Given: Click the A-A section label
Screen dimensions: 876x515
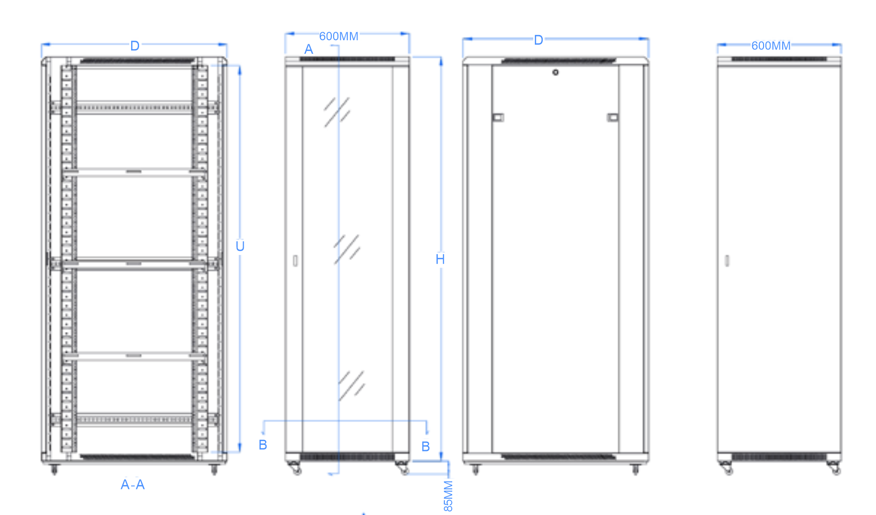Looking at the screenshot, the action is (x=133, y=485).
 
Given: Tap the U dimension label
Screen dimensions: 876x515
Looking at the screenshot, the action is (x=240, y=246).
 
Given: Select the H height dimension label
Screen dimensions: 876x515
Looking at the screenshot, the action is (x=440, y=259).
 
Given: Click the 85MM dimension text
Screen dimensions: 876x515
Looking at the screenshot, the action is (x=448, y=496).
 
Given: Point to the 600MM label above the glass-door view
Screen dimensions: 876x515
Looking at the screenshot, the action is (x=339, y=36).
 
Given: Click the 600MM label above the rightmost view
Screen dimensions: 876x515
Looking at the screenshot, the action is (x=771, y=46).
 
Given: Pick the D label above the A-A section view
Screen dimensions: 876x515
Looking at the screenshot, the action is (x=135, y=46).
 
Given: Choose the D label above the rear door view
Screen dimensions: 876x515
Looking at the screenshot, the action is (x=539, y=40).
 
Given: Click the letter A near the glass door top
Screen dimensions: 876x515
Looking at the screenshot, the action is (x=309, y=49).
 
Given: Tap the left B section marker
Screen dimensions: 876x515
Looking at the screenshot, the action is (x=263, y=445).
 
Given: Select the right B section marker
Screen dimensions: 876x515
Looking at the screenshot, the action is (x=426, y=447).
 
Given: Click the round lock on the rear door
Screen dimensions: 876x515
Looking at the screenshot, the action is (x=555, y=72).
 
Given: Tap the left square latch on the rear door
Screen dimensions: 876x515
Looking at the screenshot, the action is (x=498, y=117).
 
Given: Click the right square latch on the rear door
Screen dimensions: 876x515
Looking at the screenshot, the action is (x=612, y=117).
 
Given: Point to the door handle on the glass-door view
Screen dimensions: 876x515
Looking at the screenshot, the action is (x=295, y=261).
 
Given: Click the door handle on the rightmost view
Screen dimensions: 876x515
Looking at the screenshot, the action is (x=727, y=261).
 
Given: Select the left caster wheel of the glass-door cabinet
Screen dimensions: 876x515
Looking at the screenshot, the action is (x=295, y=468).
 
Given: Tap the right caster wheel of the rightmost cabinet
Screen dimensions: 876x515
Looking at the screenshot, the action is (x=834, y=468).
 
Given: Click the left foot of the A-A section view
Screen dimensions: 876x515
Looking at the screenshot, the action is (x=54, y=469).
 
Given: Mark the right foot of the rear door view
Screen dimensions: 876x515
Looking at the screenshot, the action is (x=635, y=469).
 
